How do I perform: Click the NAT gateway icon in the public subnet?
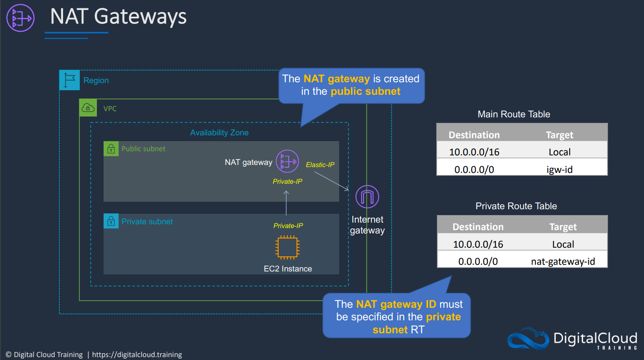[x=287, y=161]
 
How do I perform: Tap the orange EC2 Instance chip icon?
[x=287, y=247]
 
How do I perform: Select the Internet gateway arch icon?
[x=367, y=197]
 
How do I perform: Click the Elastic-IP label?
[x=320, y=165]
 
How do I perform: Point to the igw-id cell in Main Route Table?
[x=560, y=170]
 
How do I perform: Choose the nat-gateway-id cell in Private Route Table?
[x=563, y=261]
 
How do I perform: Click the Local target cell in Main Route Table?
[x=560, y=152]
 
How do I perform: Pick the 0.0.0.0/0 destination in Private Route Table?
[x=478, y=261]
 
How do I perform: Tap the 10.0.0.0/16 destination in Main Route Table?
[x=474, y=152]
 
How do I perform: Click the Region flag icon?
[x=69, y=80]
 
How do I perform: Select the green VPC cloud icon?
[x=88, y=108]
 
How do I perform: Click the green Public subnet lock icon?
[x=111, y=149]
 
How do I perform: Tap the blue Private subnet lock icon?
[x=111, y=221]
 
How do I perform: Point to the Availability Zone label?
[x=219, y=132]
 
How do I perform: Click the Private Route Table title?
[x=516, y=206]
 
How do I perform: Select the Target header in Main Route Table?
[x=560, y=135]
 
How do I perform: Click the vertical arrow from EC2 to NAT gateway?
[x=286, y=203]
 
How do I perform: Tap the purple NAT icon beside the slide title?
[x=20, y=18]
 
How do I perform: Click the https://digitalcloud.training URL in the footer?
[x=137, y=355]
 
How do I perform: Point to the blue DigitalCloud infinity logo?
[x=528, y=338]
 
